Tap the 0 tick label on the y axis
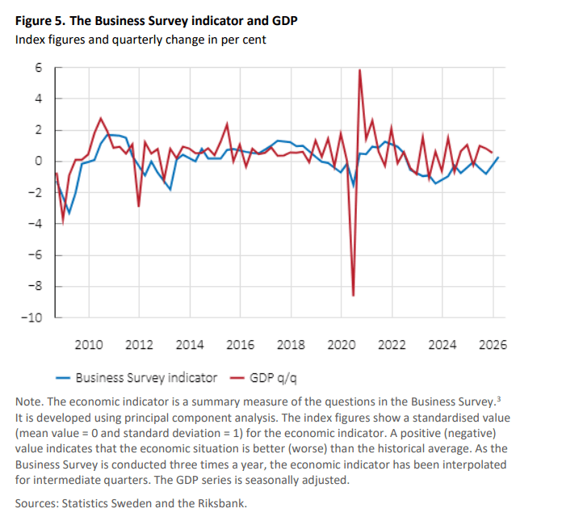37,162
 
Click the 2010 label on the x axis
88,345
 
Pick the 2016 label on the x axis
240,345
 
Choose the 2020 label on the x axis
342,345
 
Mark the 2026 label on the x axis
493,345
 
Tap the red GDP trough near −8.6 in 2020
354,296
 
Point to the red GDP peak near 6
359,70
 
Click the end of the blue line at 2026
498,158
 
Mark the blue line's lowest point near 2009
69,213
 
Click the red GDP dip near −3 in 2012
138,206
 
